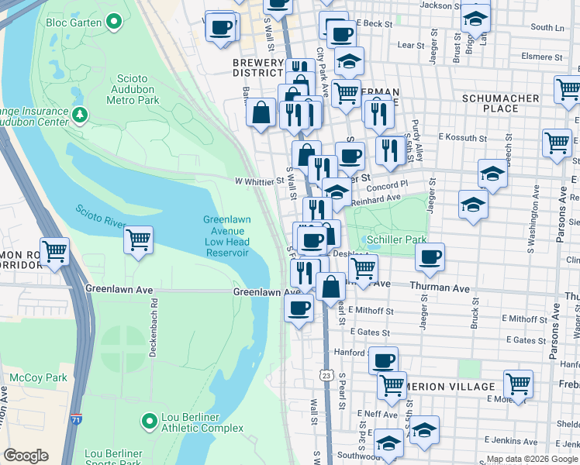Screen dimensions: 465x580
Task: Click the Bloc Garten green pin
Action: coord(115,22)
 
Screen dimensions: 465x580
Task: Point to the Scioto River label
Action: coord(101,217)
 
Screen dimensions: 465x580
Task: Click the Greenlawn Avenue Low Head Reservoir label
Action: coord(226,236)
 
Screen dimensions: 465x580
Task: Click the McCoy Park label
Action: coord(28,377)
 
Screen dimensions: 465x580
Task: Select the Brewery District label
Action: coord(258,68)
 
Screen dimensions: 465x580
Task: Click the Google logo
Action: coord(26,456)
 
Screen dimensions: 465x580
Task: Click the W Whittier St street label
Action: coord(259,181)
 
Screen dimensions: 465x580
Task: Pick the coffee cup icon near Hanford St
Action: coord(382,360)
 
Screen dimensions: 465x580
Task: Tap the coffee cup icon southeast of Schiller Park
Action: coord(430,257)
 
